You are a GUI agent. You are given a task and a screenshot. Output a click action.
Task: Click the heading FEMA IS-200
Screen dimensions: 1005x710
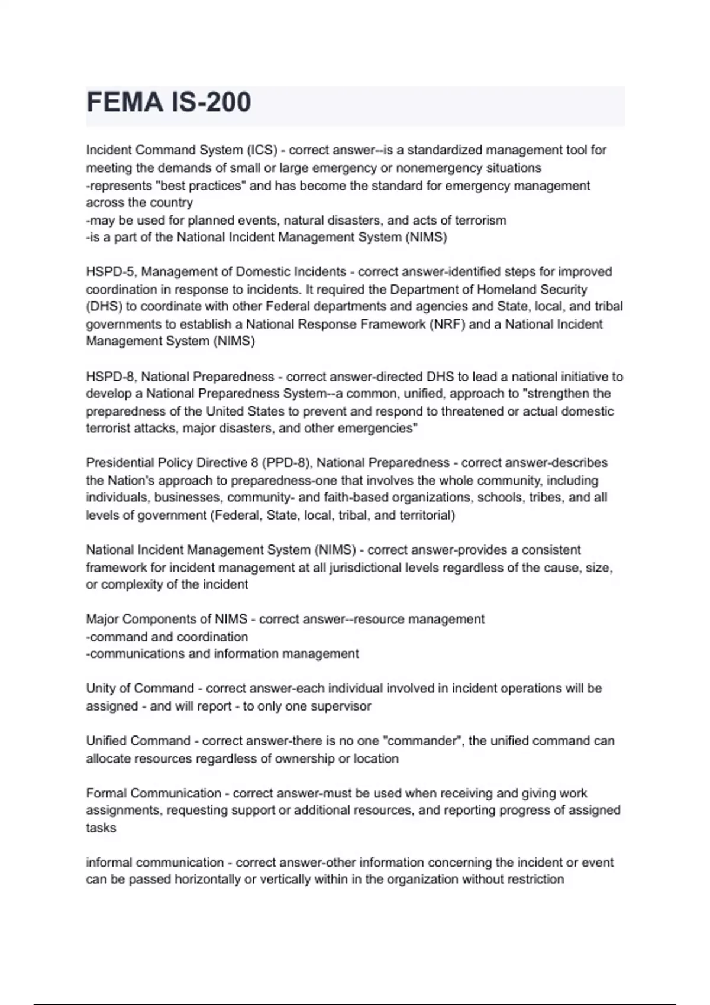[169, 102]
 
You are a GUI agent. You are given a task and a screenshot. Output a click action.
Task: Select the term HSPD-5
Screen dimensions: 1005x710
[111, 272]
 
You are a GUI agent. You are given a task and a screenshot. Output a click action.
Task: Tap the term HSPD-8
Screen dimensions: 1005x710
[111, 377]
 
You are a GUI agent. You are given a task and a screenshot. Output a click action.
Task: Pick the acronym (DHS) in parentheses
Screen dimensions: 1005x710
[102, 307]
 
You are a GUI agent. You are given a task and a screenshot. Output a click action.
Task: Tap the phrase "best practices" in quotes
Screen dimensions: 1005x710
[201, 186]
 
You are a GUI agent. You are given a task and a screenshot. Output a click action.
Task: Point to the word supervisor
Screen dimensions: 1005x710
[344, 706]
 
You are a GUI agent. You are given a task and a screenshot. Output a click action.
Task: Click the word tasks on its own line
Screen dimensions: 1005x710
[101, 828]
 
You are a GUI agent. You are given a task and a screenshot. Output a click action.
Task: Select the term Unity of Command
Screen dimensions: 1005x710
[140, 689]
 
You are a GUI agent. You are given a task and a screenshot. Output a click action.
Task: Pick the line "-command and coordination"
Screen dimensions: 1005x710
[167, 637]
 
